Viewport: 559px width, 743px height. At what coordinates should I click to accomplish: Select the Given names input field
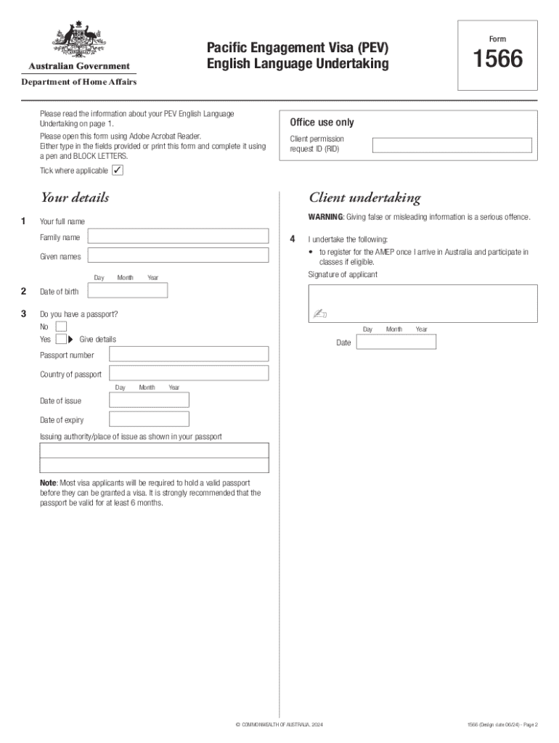[x=178, y=255]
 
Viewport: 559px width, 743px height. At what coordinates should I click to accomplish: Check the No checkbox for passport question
[x=61, y=326]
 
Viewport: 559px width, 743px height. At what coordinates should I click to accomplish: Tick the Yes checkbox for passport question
[x=61, y=339]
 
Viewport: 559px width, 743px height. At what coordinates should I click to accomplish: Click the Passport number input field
[x=189, y=354]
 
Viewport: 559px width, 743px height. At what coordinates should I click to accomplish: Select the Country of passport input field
[x=189, y=373]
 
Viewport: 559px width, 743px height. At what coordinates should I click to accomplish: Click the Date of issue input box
[x=149, y=400]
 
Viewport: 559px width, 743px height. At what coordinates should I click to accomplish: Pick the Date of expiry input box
[x=149, y=419]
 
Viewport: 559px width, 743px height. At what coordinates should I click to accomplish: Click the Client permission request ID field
[x=452, y=145]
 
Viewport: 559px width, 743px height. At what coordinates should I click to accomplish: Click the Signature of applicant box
[x=423, y=303]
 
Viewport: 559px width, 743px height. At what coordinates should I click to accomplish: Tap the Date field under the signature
[x=396, y=342]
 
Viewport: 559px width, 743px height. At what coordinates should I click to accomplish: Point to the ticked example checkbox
[x=118, y=171]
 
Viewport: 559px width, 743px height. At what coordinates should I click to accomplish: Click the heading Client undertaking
[x=364, y=198]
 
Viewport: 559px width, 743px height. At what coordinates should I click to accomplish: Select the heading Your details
[x=75, y=197]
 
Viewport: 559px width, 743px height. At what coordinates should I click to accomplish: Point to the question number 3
[x=24, y=313]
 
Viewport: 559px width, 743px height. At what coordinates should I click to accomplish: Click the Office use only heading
[x=322, y=123]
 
